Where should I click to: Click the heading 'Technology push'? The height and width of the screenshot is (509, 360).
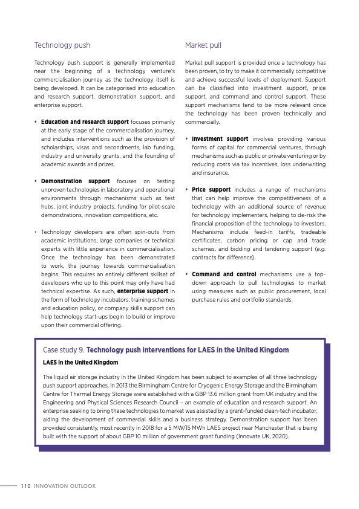point(62,45)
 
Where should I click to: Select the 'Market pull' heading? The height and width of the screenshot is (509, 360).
point(203,45)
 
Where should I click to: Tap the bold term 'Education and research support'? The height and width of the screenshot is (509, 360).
point(76,122)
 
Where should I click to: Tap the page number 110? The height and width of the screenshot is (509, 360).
point(25,485)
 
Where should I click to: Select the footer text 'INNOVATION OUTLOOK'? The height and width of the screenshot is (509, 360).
point(64,485)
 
